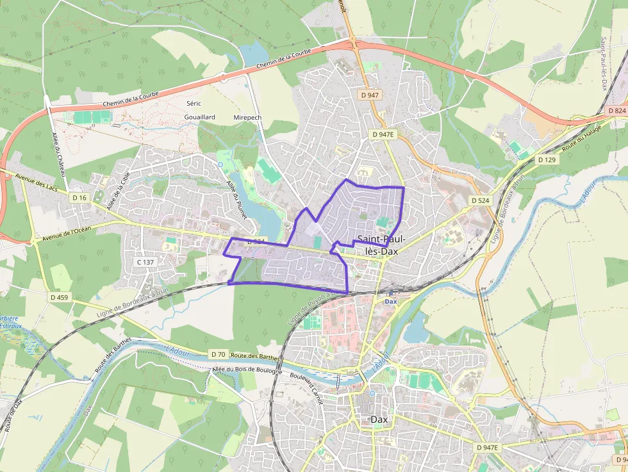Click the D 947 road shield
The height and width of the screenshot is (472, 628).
pos(370,95)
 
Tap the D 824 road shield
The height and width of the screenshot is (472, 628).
pos(616,111)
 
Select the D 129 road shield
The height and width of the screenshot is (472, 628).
pos(547,159)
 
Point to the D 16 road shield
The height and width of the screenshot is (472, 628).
pos(79,198)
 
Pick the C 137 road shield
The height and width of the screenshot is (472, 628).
pos(146,262)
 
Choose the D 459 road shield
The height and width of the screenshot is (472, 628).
pos(60,297)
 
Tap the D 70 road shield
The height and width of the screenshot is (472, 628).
pos(218,354)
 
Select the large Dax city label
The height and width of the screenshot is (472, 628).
pos(379,419)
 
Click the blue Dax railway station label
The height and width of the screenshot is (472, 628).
pos(391,301)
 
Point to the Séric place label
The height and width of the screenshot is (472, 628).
pos(194,103)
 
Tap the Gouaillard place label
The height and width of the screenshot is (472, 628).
pos(199,117)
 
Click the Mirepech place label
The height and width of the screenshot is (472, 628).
pos(248,118)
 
